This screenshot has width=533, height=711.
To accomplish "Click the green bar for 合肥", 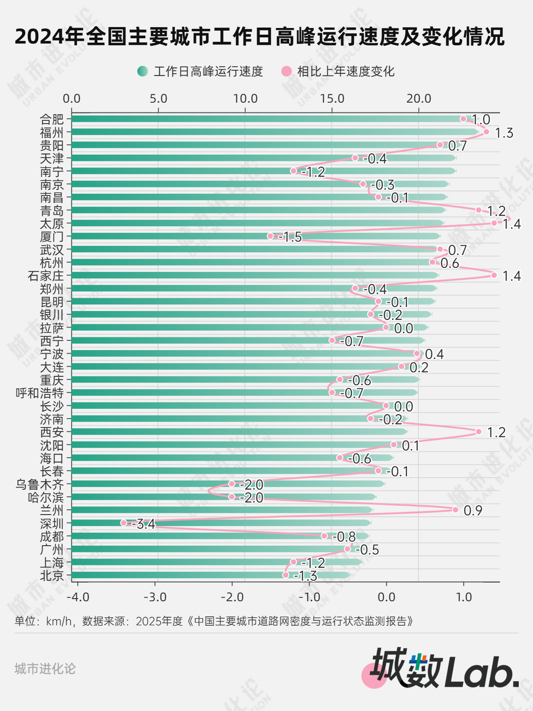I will click(266, 119).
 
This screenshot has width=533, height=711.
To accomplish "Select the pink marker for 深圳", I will click(123, 523).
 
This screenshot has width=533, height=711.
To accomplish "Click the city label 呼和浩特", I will click(40, 393).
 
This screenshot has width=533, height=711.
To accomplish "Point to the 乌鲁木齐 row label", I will click(40, 484).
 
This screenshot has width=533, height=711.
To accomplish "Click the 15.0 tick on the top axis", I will click(332, 99).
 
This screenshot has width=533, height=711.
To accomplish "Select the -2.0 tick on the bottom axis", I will click(232, 597).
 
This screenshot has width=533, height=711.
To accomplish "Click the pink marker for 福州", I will click(486, 132).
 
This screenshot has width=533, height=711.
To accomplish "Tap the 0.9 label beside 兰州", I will click(473, 511).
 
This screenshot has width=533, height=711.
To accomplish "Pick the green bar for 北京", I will click(209, 575).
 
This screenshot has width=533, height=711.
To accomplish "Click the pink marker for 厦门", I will click(270, 236).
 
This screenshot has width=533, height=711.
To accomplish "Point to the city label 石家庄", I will click(46, 276).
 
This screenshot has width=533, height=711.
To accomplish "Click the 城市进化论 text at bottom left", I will click(45, 668).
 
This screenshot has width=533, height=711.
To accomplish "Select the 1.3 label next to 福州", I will click(504, 133).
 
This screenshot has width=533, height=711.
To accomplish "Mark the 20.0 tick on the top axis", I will click(418, 99).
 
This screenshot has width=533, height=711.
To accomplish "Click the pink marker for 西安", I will click(478, 431).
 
